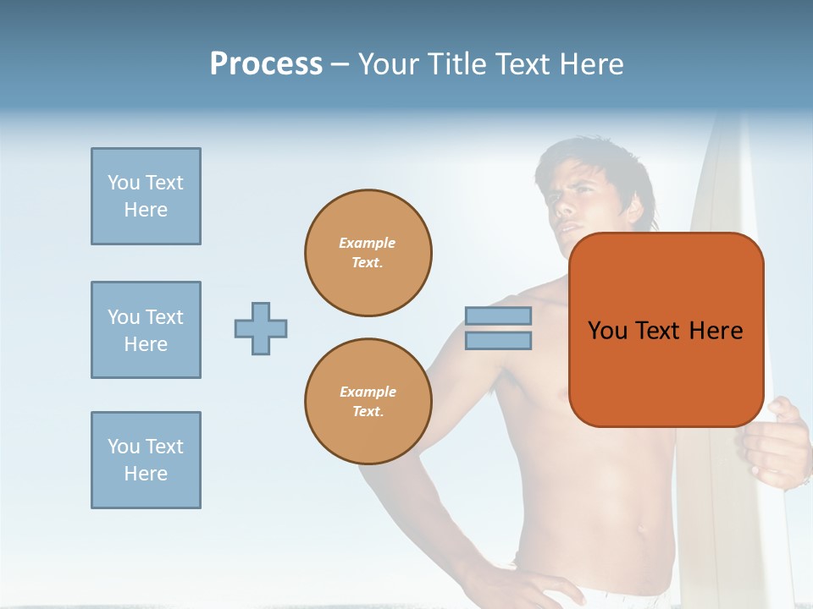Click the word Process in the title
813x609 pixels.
266,64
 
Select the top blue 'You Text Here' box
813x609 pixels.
146,196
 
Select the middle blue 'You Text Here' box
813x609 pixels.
146,330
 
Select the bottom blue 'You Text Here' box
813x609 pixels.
146,460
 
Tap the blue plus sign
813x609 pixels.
261,328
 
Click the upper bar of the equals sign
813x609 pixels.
498,315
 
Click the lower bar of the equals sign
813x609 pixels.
498,341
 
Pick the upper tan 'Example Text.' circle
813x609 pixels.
368,253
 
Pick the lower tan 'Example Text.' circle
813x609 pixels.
368,402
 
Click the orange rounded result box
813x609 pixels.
666,372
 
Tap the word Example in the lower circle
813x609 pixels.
368,392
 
